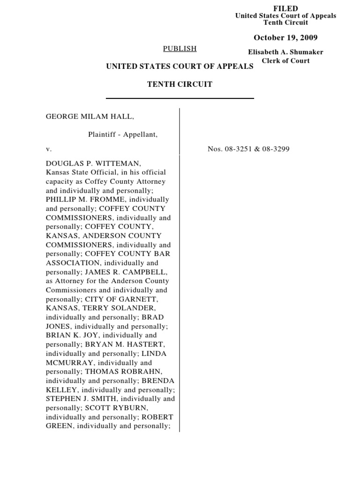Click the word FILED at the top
point(285,8)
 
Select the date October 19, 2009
point(285,37)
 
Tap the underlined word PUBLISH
point(180,48)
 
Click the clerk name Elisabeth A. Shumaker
point(285,52)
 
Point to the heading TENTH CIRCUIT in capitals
point(180,84)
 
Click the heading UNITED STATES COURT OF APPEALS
point(180,67)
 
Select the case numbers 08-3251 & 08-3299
point(248,149)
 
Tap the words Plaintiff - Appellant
point(123,135)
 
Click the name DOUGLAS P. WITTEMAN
point(93,164)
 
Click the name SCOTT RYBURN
point(120,408)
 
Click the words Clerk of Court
point(285,60)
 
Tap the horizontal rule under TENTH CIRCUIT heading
point(180,98)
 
